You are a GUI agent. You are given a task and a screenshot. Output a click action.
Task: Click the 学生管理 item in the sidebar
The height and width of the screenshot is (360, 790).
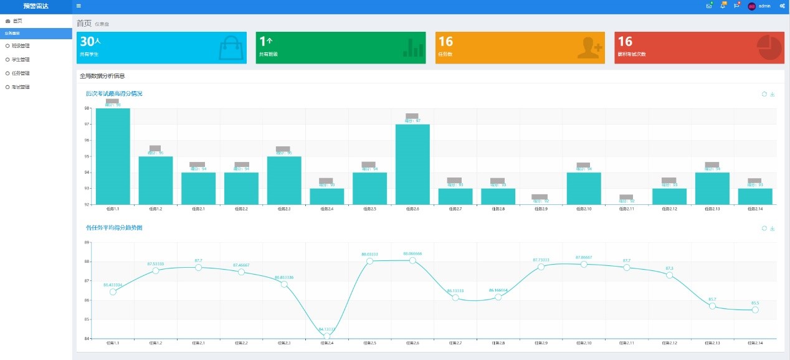point(21,60)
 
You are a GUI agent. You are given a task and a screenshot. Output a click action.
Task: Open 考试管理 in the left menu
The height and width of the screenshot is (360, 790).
point(21,87)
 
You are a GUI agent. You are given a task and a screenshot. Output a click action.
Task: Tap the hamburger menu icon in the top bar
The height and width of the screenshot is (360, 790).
point(79,6)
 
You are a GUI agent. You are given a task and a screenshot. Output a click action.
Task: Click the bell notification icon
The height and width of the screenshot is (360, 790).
point(723,6)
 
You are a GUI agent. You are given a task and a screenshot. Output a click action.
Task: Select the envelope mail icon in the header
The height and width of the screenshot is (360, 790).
point(709,6)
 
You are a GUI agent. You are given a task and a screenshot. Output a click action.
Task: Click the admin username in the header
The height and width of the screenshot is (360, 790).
point(764,6)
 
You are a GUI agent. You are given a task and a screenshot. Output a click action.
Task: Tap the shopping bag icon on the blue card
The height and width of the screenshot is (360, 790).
point(232,47)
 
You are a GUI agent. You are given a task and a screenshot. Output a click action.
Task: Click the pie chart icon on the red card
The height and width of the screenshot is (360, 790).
point(770,48)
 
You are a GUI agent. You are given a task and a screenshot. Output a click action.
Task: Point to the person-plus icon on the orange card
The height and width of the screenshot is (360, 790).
point(589,48)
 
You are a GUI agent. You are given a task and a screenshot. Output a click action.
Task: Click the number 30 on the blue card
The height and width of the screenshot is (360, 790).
point(87,42)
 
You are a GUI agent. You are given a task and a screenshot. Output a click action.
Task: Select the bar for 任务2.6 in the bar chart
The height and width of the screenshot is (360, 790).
point(412,164)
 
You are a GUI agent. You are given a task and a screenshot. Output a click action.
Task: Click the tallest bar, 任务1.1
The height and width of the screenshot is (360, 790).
point(113,156)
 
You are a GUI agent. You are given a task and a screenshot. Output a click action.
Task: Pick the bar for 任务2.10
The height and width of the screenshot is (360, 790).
point(584,188)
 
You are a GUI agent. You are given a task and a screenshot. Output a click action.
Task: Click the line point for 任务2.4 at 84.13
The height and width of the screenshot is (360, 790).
point(327,336)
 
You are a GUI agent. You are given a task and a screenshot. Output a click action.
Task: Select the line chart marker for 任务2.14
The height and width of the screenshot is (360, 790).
point(755,310)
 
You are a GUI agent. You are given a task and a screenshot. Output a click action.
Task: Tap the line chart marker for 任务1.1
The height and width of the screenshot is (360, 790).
point(113,291)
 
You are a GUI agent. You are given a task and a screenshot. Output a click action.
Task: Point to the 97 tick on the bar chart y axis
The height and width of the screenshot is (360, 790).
point(87,125)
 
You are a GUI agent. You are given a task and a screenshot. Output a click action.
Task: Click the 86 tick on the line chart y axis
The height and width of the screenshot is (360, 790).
point(87,300)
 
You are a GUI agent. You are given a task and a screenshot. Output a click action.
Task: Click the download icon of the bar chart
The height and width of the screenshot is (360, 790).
point(773,94)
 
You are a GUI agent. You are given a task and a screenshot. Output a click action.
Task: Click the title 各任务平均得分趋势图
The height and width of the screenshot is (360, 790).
point(114,228)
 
